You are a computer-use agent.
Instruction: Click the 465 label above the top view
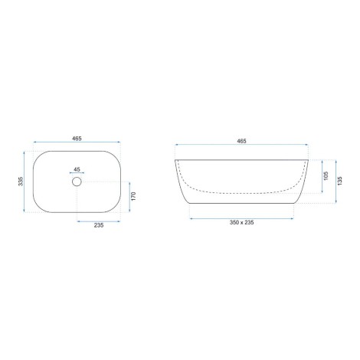(77, 139)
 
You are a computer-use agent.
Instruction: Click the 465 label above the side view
(241, 141)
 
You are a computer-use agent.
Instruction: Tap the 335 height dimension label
(21, 182)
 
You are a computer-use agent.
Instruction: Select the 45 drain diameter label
(77, 169)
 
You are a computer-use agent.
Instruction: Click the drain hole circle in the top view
(77, 178)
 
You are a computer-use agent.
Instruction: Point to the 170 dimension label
(133, 196)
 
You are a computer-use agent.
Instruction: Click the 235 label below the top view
(99, 225)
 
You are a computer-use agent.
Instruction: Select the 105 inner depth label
(326, 176)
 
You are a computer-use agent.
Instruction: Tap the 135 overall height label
(339, 181)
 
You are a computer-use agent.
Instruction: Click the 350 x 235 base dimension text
(241, 222)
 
